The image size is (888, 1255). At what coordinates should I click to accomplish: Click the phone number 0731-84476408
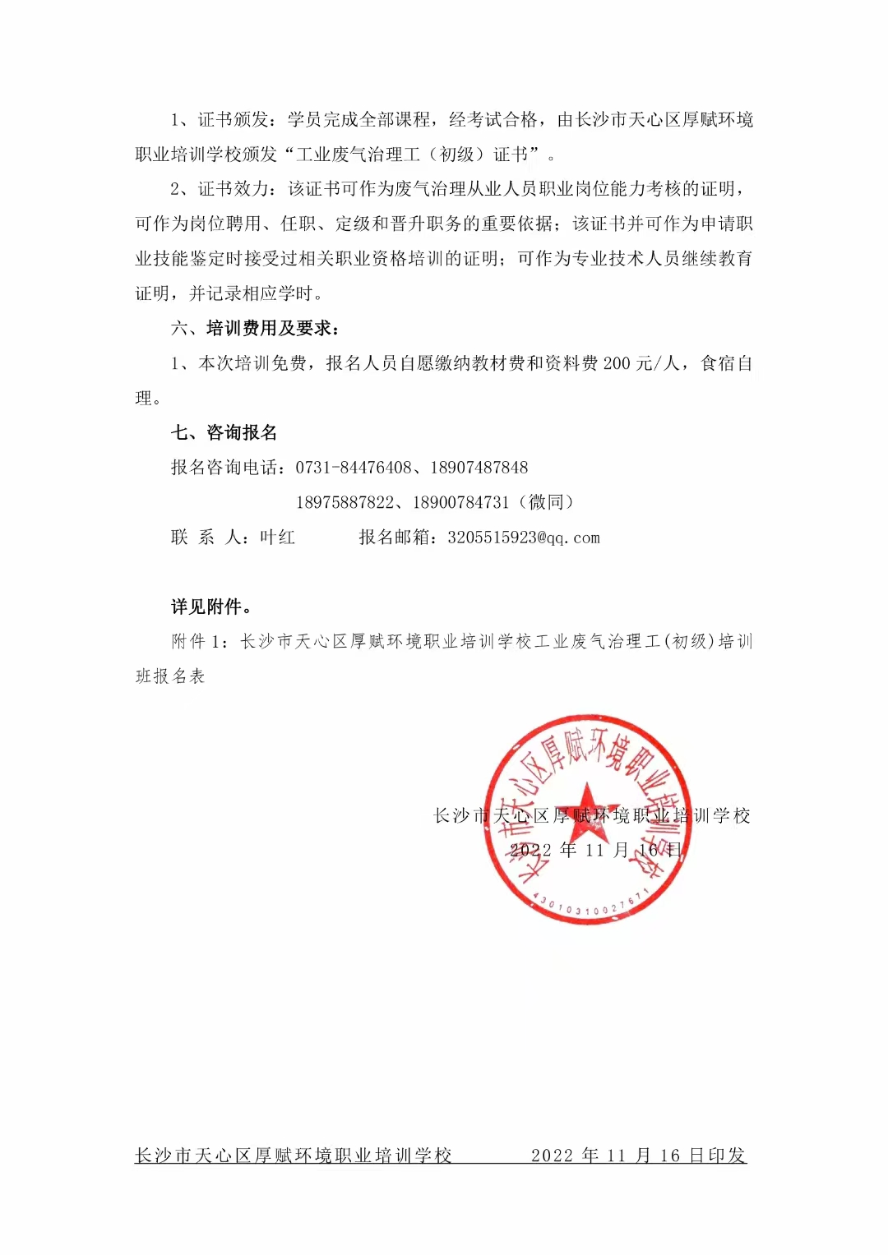(353, 468)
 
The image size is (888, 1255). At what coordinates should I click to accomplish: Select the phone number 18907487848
(479, 468)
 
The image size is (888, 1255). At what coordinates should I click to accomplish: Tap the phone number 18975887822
(345, 502)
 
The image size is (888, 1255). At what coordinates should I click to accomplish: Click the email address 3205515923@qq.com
(524, 538)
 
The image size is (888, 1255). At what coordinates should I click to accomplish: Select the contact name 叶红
(277, 538)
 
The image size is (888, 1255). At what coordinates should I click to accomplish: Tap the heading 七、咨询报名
(224, 432)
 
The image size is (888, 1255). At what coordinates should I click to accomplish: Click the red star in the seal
(585, 807)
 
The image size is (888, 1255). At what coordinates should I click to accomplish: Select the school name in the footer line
(294, 1156)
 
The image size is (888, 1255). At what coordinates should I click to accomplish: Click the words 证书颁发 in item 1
(234, 120)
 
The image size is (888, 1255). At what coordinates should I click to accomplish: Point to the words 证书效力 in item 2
(234, 189)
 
